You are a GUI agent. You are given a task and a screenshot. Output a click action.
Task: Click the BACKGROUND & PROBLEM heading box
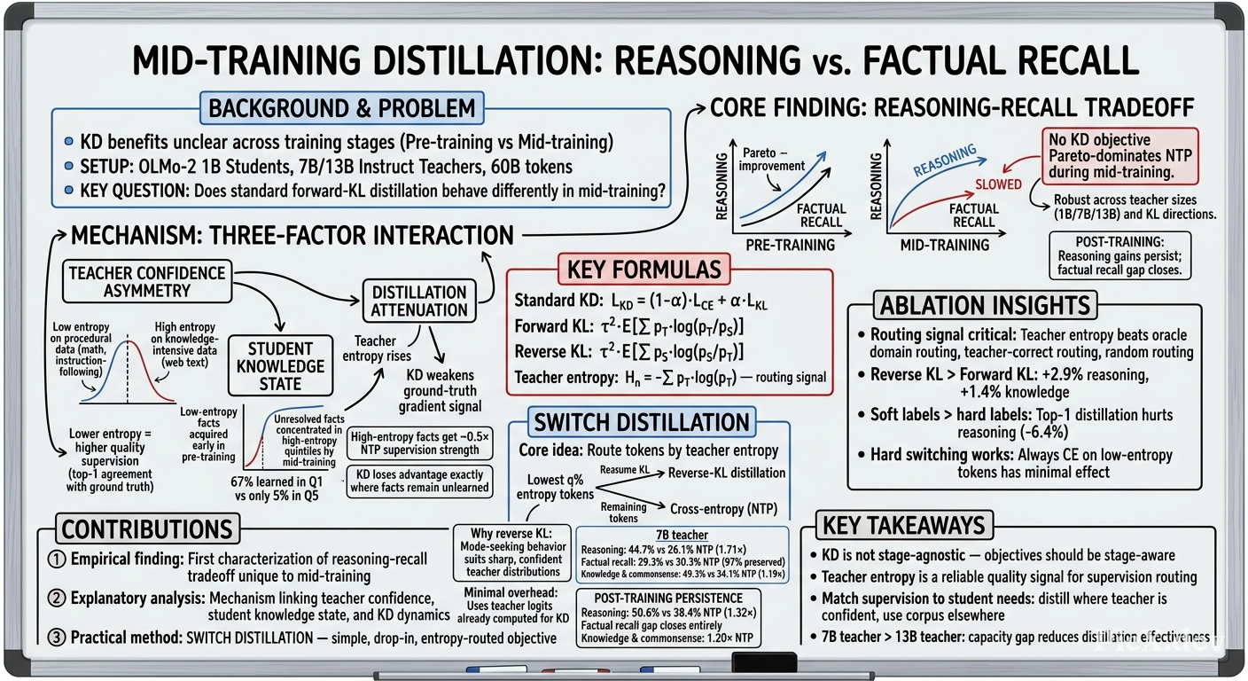[341, 108]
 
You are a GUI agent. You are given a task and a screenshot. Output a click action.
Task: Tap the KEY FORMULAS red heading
[644, 270]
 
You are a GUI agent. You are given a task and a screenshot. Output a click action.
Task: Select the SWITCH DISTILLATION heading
[642, 422]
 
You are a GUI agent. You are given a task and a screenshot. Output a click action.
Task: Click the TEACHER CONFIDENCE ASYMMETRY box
[147, 282]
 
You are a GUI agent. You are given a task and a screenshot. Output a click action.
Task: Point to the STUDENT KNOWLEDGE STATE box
[280, 366]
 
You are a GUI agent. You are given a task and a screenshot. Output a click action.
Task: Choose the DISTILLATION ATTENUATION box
[419, 301]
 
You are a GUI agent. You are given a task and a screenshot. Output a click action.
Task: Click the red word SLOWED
[998, 184]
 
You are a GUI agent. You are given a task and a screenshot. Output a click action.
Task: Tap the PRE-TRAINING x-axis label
[790, 246]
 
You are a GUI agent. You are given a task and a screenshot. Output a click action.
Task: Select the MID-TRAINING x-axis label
[945, 246]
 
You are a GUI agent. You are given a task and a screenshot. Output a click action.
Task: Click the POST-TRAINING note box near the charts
[1119, 255]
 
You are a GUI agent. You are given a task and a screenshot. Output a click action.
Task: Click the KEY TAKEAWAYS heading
[904, 526]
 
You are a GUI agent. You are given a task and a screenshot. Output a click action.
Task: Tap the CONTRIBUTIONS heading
[147, 528]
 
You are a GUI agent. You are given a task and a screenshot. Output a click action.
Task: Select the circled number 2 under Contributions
[56, 599]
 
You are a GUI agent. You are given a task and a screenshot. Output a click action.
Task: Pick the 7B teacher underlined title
[682, 535]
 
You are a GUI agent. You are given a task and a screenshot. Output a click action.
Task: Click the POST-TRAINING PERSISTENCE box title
[668, 598]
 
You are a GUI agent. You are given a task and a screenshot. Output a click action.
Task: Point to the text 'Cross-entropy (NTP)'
[724, 509]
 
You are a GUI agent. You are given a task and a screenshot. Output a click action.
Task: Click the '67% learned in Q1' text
[277, 481]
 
